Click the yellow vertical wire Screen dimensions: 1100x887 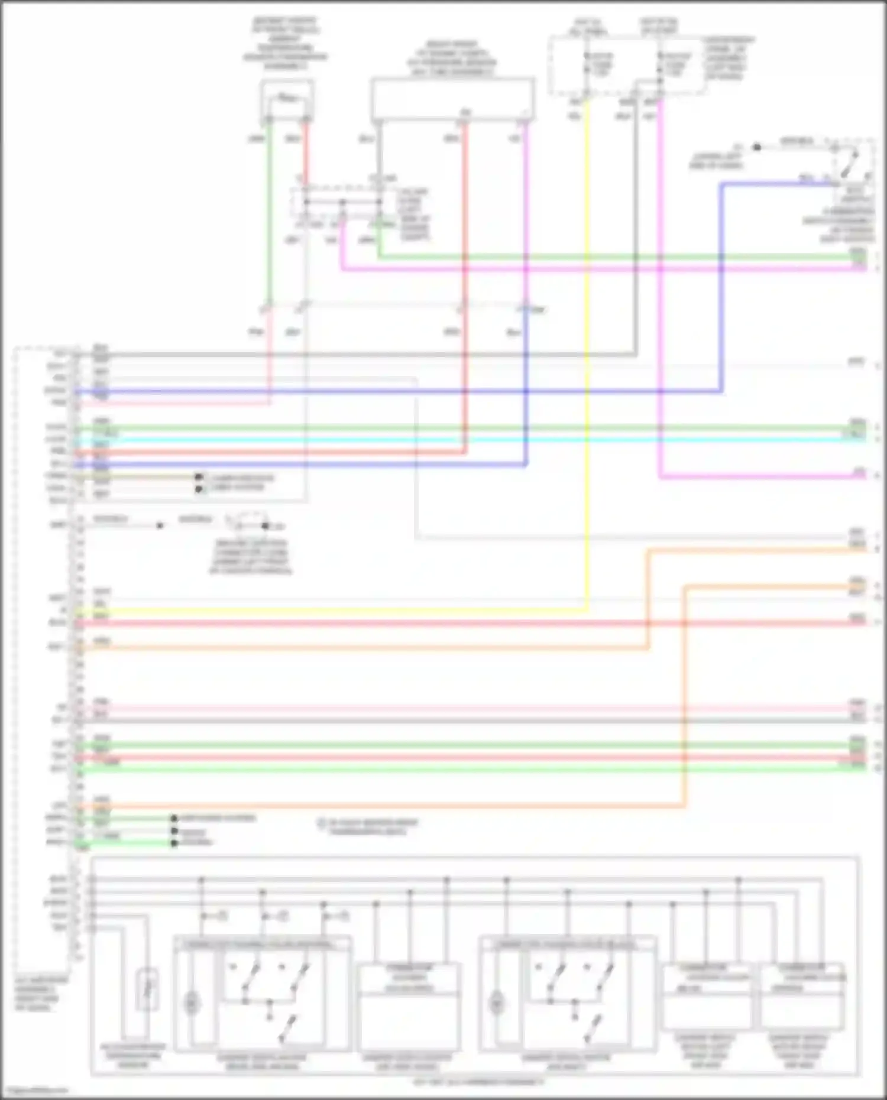(587, 355)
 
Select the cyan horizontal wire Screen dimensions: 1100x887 (473, 440)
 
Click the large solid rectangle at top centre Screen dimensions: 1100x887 (452, 98)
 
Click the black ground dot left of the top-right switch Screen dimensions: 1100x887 (756, 147)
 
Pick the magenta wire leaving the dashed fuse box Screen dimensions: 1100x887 (659, 296)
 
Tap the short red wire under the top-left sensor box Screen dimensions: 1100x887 (306, 154)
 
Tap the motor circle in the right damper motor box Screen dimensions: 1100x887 (497, 1003)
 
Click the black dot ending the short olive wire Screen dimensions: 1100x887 (199, 477)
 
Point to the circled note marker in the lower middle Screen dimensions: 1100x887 (322, 823)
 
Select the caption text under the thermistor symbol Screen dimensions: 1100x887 (133, 1056)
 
